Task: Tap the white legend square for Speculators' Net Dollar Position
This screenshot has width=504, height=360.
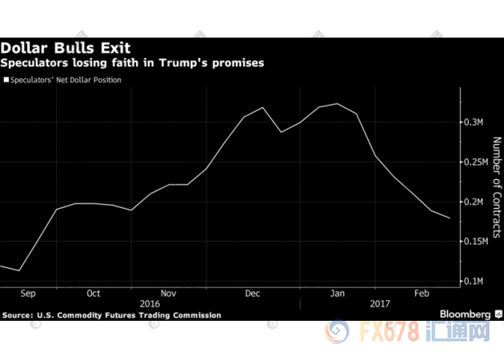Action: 6,80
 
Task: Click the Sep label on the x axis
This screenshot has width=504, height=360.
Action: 28,294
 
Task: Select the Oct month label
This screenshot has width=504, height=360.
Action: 93,294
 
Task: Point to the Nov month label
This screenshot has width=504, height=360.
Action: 168,294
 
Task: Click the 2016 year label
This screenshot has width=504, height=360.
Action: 150,304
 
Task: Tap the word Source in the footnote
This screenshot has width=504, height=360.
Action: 18,315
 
